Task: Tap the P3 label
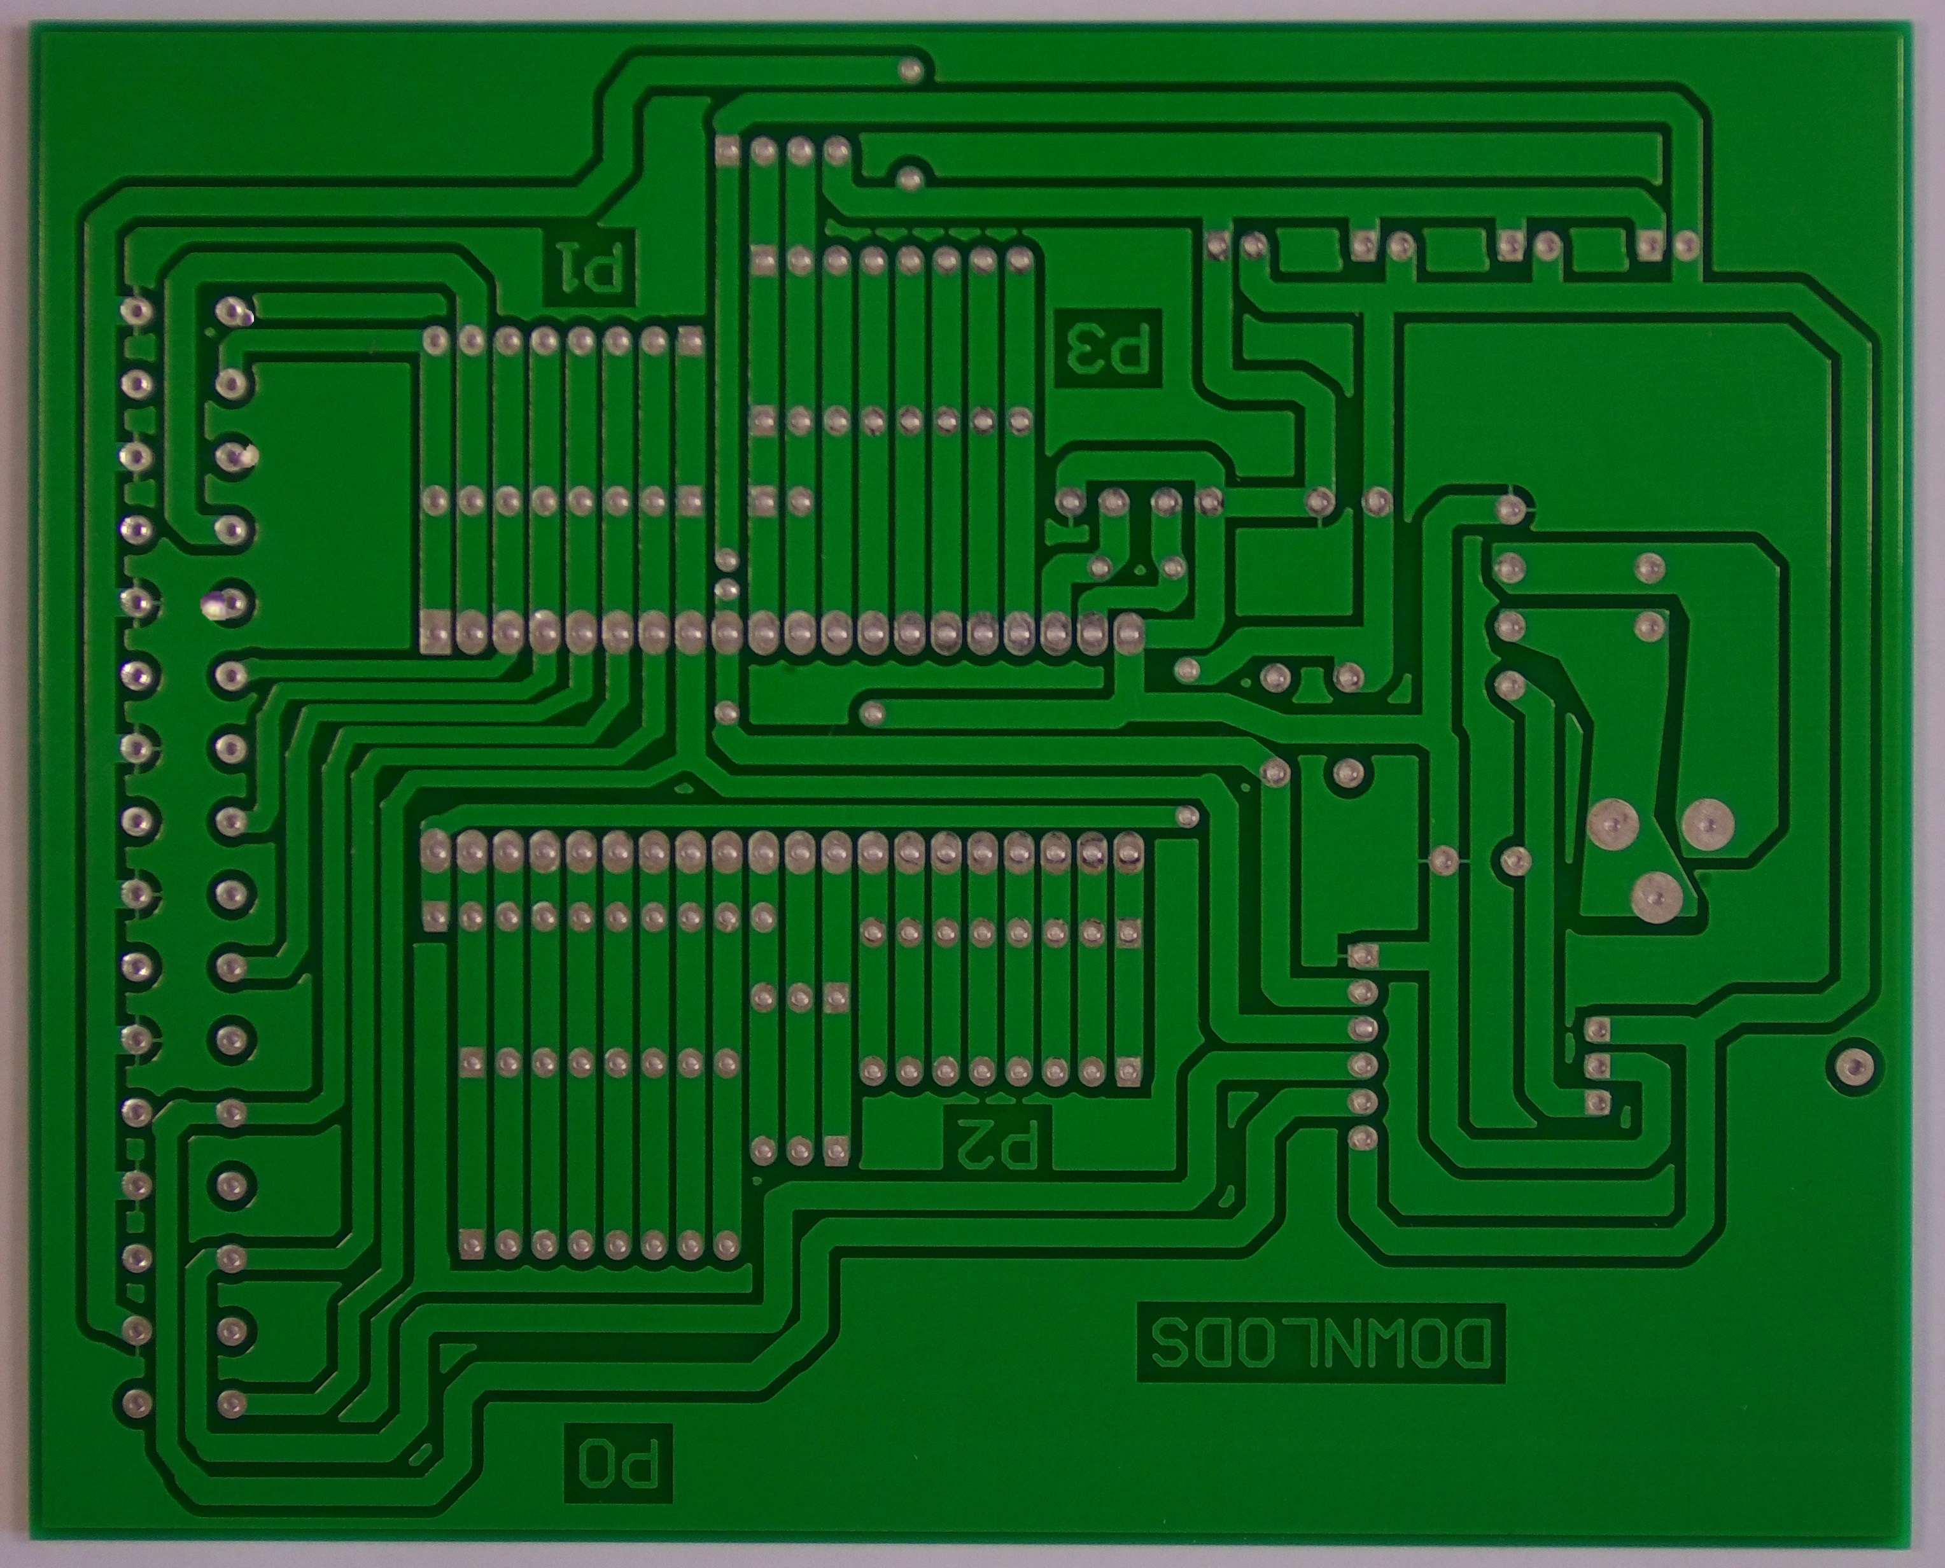click(x=1107, y=351)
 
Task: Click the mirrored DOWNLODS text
click(x=1320, y=1355)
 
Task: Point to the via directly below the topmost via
click(x=911, y=177)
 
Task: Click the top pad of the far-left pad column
click(x=136, y=312)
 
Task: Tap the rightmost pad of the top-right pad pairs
click(x=1686, y=244)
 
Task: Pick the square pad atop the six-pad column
click(x=1363, y=956)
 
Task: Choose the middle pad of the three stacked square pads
click(x=1597, y=1067)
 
